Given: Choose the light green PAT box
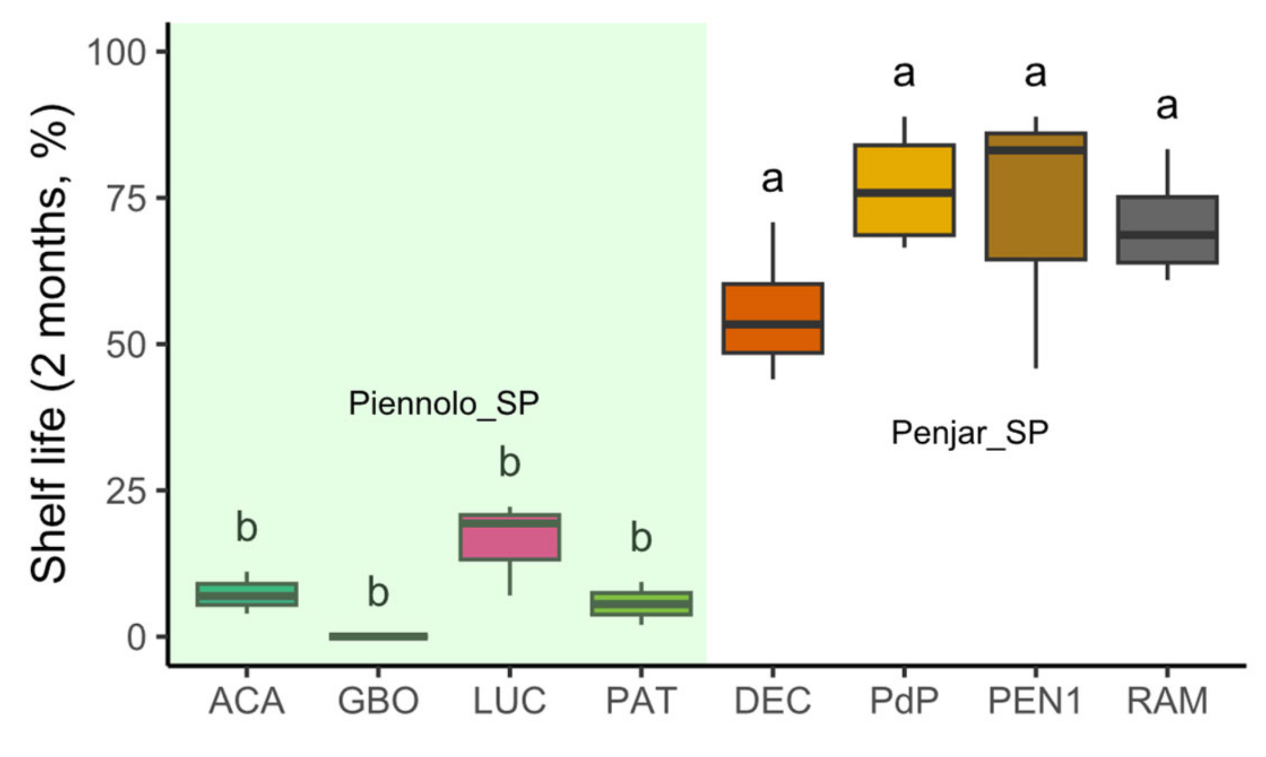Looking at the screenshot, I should tap(641, 604).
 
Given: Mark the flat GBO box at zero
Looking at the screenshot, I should tap(378, 636).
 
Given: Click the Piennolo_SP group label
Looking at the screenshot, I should tap(443, 403).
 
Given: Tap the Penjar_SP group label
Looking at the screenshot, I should tap(969, 433).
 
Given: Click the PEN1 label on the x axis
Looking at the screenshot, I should tap(1035, 701).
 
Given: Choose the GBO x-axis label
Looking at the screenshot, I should tap(378, 701).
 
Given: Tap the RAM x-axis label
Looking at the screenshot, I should tap(1167, 701).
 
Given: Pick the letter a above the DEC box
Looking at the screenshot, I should tap(772, 179).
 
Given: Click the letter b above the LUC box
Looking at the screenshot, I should tap(510, 463).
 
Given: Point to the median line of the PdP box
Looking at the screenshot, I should tap(904, 193).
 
